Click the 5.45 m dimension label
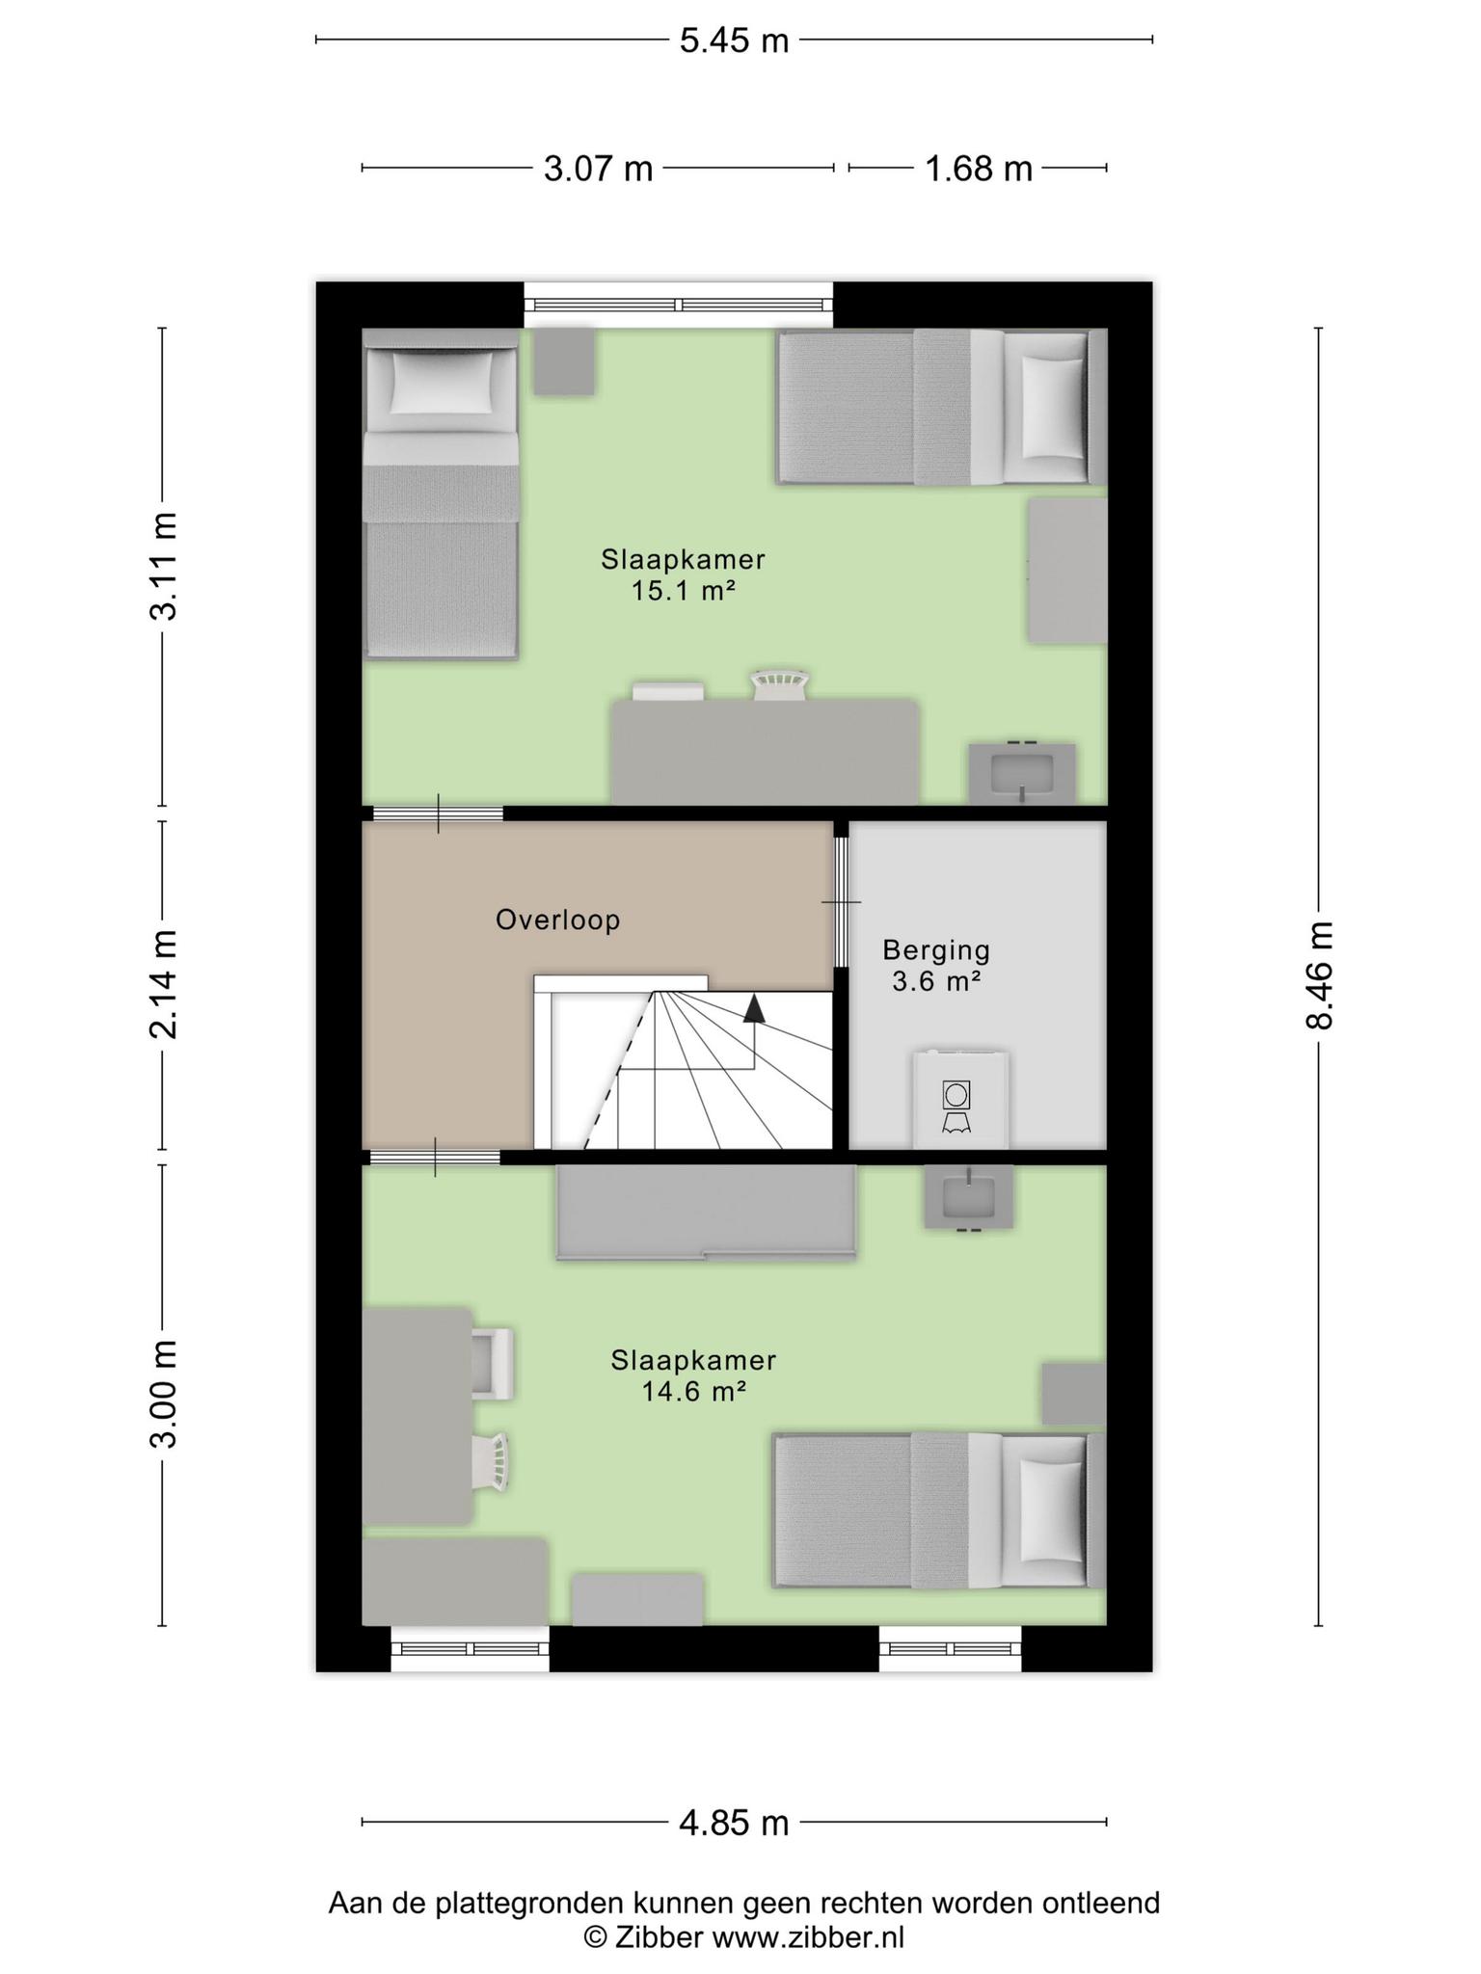click(734, 40)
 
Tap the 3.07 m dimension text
click(598, 169)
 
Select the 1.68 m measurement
click(979, 169)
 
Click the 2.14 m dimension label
click(163, 984)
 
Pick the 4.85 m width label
click(734, 1823)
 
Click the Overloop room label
click(557, 920)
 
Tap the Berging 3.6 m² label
click(936, 966)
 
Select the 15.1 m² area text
click(684, 591)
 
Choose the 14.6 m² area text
click(694, 1391)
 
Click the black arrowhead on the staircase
click(754, 1008)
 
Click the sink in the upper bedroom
click(1021, 772)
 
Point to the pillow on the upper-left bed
click(441, 382)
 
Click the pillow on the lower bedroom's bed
click(1053, 1510)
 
